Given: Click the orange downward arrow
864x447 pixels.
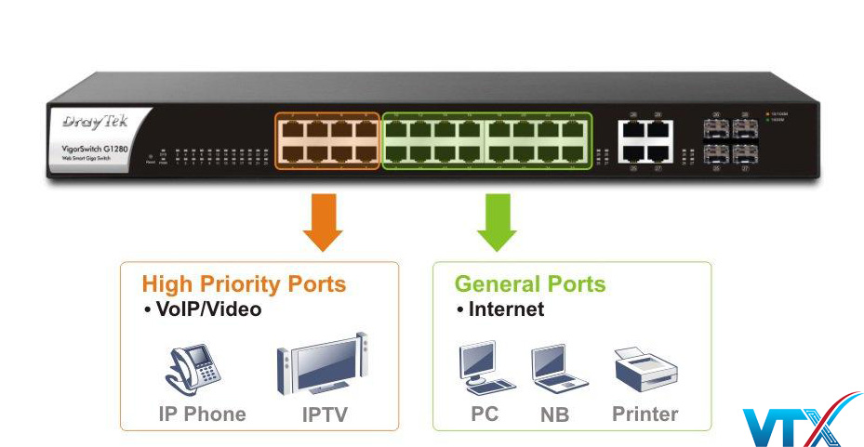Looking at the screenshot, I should point(322,222).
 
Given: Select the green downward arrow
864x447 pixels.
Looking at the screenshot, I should point(498,222).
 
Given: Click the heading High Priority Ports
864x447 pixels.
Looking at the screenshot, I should point(244,284).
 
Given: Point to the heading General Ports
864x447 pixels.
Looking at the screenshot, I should point(530,284).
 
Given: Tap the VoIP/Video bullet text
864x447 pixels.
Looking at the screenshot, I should point(202,309).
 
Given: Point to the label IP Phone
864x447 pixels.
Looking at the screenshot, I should point(202,414).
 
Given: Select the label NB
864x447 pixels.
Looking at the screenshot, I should point(555,414).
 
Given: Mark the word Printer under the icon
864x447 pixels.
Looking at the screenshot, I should point(645,414).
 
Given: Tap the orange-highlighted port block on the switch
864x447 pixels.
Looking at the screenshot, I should point(327,141).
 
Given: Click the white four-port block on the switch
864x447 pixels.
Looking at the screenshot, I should point(645,140).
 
